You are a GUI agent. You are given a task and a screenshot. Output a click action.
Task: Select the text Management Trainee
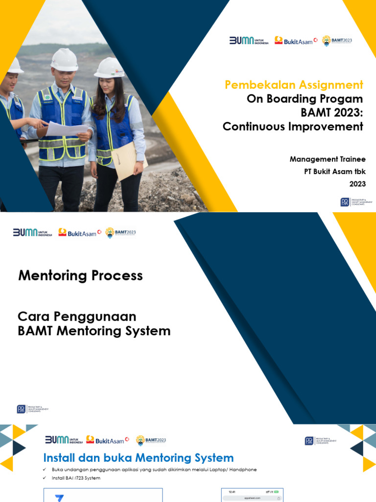pos(328,159)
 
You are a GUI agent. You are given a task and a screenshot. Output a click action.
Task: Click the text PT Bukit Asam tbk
pos(335,172)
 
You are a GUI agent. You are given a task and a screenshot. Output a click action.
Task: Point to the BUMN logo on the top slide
pos(249,41)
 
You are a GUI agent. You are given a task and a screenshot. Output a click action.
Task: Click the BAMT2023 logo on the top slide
pos(337,41)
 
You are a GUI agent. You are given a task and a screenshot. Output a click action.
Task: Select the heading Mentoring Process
pos(80,276)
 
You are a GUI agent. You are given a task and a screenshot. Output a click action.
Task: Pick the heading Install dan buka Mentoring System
pos(139,458)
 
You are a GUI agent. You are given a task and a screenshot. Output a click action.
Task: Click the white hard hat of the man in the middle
pos(64,59)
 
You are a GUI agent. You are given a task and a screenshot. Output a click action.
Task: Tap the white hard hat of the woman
pos(109,68)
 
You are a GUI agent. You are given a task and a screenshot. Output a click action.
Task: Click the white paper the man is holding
pos(68,128)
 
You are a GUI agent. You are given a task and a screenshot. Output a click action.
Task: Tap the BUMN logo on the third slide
pos(63,440)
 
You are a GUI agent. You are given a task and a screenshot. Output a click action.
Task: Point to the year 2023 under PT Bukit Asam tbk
pos(357,184)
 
